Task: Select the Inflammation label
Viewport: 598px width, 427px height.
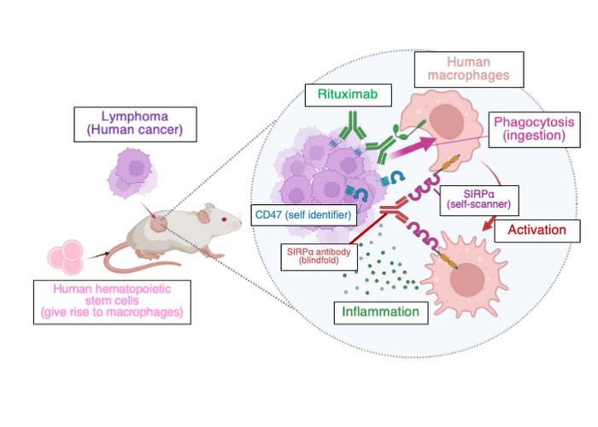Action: pos(377,312)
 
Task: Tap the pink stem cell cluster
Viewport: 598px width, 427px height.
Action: pos(67,254)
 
